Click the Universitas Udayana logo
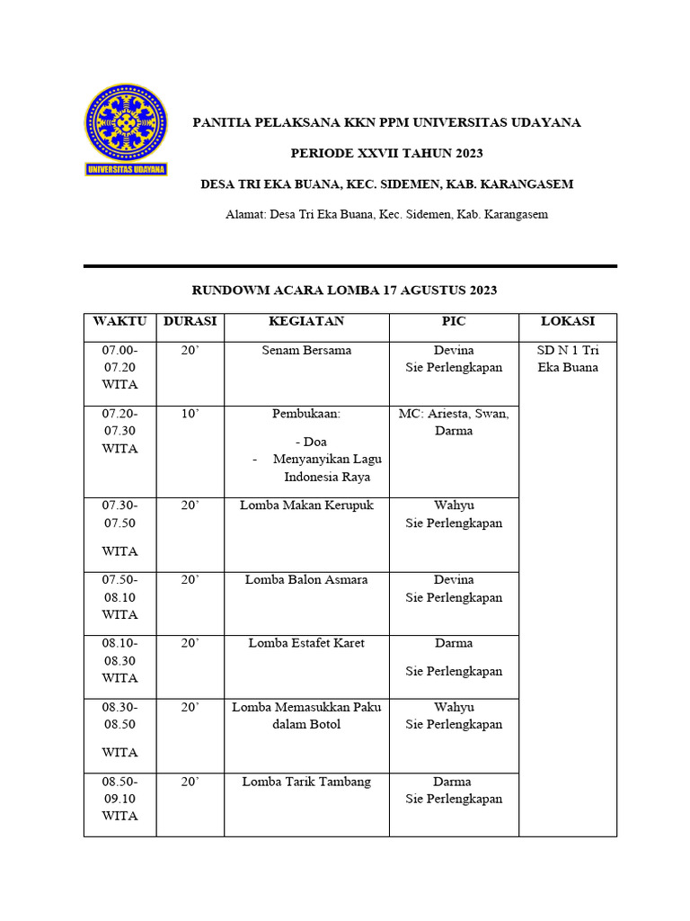pyautogui.click(x=126, y=130)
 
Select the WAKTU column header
pyautogui.click(x=119, y=321)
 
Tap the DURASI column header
pyautogui.click(x=190, y=321)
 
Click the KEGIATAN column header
pyautogui.click(x=306, y=321)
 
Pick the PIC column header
pyautogui.click(x=454, y=321)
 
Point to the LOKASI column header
pyautogui.click(x=568, y=321)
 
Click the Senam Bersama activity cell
pyautogui.click(x=306, y=350)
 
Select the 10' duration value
pyautogui.click(x=190, y=414)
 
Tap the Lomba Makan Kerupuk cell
pyautogui.click(x=306, y=505)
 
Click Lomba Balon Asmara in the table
pyautogui.click(x=306, y=580)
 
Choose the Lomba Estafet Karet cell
pyautogui.click(x=306, y=643)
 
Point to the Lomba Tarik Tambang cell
pyautogui.click(x=306, y=782)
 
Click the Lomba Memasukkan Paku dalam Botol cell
pyautogui.click(x=306, y=716)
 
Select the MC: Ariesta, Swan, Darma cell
pyautogui.click(x=454, y=422)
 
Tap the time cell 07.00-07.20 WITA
pyautogui.click(x=119, y=367)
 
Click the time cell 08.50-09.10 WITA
pyautogui.click(x=119, y=799)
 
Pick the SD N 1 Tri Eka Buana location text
pyautogui.click(x=568, y=358)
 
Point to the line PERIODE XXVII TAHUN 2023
pyautogui.click(x=386, y=153)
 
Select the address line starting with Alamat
pyautogui.click(x=386, y=214)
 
